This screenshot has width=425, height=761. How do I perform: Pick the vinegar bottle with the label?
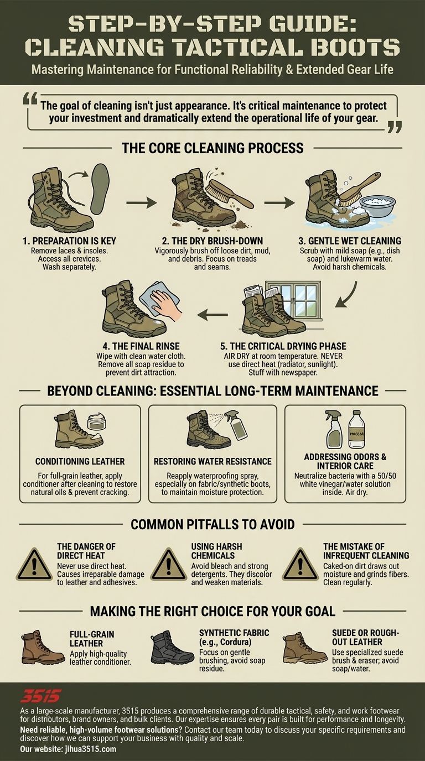(x=356, y=429)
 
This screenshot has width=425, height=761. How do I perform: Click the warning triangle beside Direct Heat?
(x=34, y=565)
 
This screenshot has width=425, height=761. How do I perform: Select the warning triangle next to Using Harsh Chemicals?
(x=169, y=565)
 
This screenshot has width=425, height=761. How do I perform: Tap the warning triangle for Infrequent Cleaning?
(x=300, y=565)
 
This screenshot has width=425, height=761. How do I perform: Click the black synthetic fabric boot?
(x=173, y=648)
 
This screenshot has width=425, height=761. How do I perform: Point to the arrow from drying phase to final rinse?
(x=212, y=315)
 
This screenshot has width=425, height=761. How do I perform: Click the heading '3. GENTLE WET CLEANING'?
(x=350, y=241)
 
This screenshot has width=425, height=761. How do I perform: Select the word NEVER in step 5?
(x=332, y=356)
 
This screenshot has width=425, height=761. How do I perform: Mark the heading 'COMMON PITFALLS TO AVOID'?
(x=212, y=524)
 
